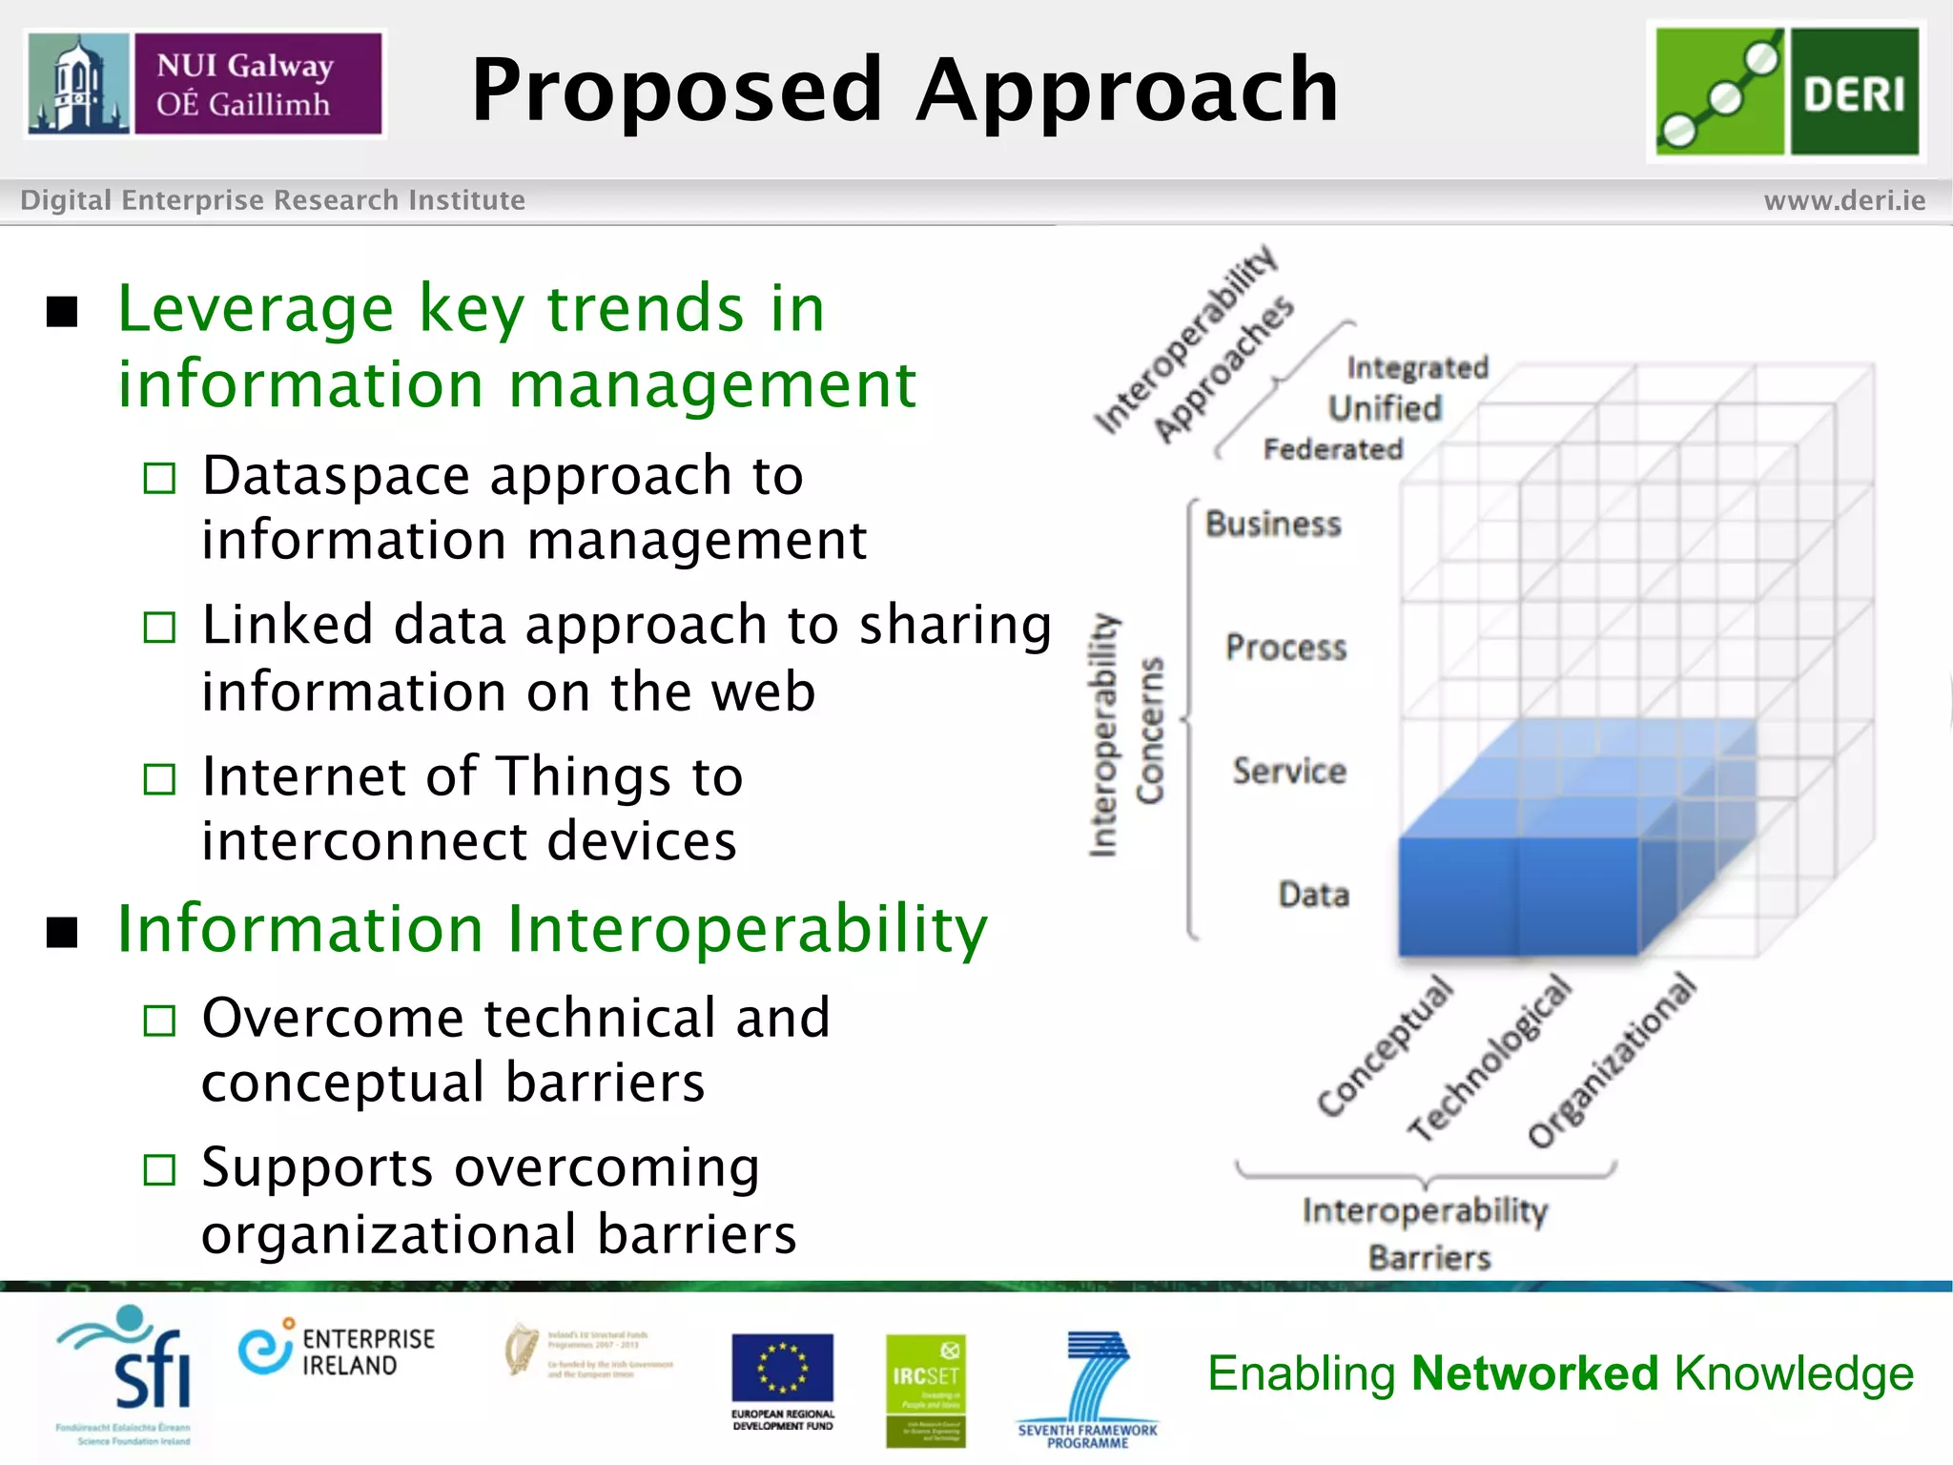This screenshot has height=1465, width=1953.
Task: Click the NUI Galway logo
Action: pyautogui.click(x=205, y=84)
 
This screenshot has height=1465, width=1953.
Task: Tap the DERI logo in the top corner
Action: pyautogui.click(x=1786, y=92)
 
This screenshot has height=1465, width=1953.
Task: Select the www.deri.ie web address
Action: pyautogui.click(x=1844, y=200)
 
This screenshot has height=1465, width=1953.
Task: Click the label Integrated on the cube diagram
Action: pyautogui.click(x=1417, y=367)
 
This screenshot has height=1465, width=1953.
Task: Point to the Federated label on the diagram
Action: pyautogui.click(x=1333, y=448)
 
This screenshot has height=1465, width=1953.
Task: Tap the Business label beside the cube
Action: pyautogui.click(x=1273, y=524)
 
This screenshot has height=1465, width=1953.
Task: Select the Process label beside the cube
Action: pyautogui.click(x=1285, y=648)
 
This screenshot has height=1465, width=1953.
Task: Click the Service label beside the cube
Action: pyautogui.click(x=1288, y=771)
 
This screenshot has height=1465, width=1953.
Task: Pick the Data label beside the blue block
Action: pyautogui.click(x=1313, y=895)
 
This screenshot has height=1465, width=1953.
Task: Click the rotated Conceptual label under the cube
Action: pyautogui.click(x=1385, y=1045)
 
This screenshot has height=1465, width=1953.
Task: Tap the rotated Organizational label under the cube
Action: pyautogui.click(x=1612, y=1060)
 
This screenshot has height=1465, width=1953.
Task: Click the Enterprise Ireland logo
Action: pyautogui.click(x=336, y=1351)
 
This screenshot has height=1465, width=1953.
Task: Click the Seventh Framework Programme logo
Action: pyautogui.click(x=1088, y=1388)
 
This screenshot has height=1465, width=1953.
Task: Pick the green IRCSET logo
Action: pyautogui.click(x=925, y=1389)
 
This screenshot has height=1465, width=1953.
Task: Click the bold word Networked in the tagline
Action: pyautogui.click(x=1534, y=1373)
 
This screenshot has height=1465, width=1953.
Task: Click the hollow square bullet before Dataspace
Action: pyautogui.click(x=159, y=478)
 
